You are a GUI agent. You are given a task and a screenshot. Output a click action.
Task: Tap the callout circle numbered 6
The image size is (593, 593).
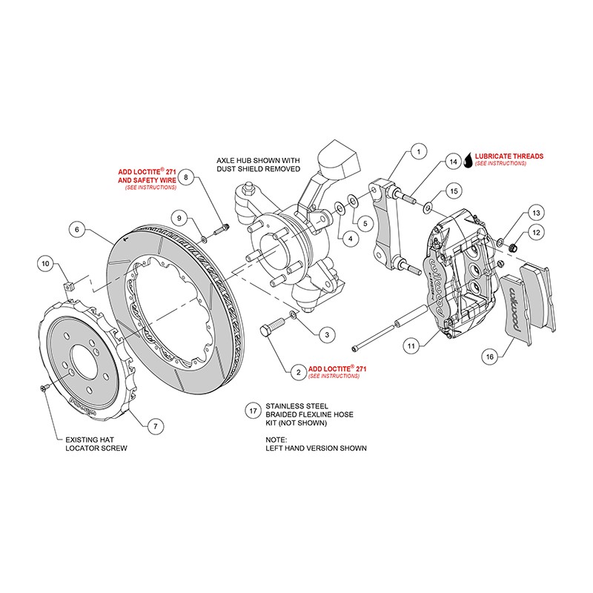click(77, 230)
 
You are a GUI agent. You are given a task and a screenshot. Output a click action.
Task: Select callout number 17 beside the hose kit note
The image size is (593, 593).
click(254, 410)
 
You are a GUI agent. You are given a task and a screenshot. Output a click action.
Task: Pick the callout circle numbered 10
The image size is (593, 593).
click(45, 263)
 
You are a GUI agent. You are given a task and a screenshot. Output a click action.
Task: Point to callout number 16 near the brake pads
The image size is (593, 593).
click(488, 357)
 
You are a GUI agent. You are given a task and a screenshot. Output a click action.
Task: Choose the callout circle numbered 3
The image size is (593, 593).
click(325, 335)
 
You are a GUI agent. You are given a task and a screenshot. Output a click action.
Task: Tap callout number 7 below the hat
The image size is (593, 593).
click(154, 426)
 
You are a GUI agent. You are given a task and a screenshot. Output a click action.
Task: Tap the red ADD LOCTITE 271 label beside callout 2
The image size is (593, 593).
click(338, 368)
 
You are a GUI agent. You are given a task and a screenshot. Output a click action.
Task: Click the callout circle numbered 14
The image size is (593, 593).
click(452, 162)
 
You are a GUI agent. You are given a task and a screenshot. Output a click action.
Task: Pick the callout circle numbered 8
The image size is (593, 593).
click(188, 177)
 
